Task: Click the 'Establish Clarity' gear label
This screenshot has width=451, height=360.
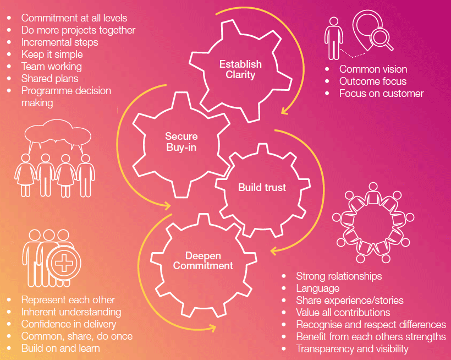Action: pyautogui.click(x=240, y=69)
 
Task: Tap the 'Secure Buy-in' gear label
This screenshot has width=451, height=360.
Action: pyautogui.click(x=181, y=141)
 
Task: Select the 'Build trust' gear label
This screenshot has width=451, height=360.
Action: pyautogui.click(x=262, y=187)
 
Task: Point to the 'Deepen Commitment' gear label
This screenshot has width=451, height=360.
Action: pyautogui.click(x=203, y=261)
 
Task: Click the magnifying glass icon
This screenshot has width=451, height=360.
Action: pyautogui.click(x=381, y=40)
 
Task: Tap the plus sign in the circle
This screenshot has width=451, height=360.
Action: pyautogui.click(x=64, y=263)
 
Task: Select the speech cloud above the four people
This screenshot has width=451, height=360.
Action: pyautogui.click(x=58, y=135)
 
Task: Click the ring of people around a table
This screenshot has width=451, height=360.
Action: pyautogui.click(x=373, y=222)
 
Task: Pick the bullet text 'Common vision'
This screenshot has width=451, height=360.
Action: pyautogui.click(x=373, y=69)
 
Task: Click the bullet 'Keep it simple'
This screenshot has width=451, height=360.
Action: pyautogui.click(x=52, y=54)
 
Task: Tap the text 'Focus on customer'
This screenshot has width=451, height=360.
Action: pyautogui.click(x=381, y=93)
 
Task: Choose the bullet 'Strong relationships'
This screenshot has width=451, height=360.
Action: pyautogui.click(x=339, y=276)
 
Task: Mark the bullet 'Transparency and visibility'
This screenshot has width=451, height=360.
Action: pyautogui.click(x=353, y=348)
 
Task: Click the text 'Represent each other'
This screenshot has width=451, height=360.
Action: pyautogui.click(x=68, y=300)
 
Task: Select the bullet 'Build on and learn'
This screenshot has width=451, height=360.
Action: pyautogui.click(x=61, y=348)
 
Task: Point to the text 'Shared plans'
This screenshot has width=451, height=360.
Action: pyautogui.click(x=50, y=79)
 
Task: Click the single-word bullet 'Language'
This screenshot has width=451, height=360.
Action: pyautogui.click(x=318, y=288)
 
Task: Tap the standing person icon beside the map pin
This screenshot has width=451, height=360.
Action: pyautogui.click(x=334, y=39)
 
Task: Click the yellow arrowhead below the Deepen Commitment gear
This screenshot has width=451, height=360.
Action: pyautogui.click(x=212, y=328)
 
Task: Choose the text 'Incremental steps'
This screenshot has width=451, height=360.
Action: pyautogui.click(x=59, y=42)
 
